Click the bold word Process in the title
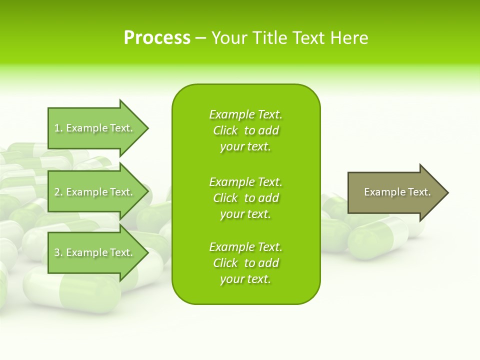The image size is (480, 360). (157, 38)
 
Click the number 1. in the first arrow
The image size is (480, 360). (58, 128)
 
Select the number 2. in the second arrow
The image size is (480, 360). (58, 192)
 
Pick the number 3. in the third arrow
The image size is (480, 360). (58, 252)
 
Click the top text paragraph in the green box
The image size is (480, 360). (245, 130)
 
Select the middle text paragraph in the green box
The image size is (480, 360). (245, 198)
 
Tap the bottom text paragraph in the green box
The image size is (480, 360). (245, 263)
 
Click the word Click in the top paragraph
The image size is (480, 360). (225, 130)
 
